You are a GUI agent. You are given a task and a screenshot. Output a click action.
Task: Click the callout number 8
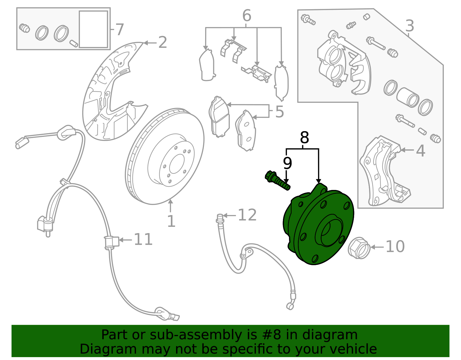click(304, 138)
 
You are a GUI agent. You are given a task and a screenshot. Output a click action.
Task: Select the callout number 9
click(287, 163)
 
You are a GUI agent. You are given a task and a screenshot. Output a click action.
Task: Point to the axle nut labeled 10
click(359, 248)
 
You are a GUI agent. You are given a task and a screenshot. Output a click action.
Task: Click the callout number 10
click(395, 247)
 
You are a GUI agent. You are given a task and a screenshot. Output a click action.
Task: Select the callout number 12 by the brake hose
click(247, 215)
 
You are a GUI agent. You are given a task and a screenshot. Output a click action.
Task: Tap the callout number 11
click(143, 240)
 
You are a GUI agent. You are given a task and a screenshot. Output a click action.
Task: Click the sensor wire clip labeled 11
click(111, 242)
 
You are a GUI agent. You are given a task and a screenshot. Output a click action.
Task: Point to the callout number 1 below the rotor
click(171, 221)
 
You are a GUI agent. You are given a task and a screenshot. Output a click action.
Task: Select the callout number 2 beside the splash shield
click(163, 43)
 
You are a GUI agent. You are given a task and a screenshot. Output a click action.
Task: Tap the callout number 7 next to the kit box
click(119, 29)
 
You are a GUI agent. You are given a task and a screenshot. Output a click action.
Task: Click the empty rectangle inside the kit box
click(93, 29)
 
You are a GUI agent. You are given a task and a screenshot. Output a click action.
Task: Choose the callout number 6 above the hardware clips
click(247, 16)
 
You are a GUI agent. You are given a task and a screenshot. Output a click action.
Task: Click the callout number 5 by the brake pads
click(279, 112)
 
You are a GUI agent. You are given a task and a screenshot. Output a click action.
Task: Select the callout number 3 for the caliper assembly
click(409, 26)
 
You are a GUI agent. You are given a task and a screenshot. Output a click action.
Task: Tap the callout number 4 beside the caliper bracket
click(421, 151)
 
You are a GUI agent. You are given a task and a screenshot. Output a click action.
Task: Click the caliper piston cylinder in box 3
click(407, 97)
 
